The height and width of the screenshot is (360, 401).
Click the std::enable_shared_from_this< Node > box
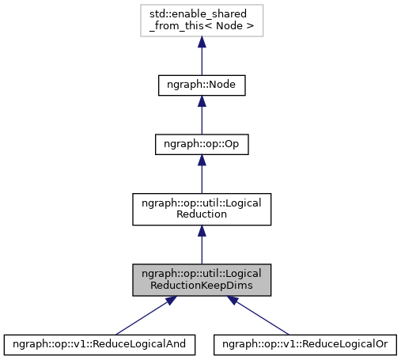click(202, 21)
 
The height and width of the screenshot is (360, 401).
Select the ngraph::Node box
click(202, 85)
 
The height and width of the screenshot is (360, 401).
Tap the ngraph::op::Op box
click(202, 146)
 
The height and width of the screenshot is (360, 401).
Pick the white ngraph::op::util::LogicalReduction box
click(202, 208)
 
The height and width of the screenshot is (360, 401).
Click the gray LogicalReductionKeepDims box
click(202, 280)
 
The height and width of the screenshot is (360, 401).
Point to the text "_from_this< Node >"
click(202, 27)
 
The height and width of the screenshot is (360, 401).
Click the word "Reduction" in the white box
click(202, 214)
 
